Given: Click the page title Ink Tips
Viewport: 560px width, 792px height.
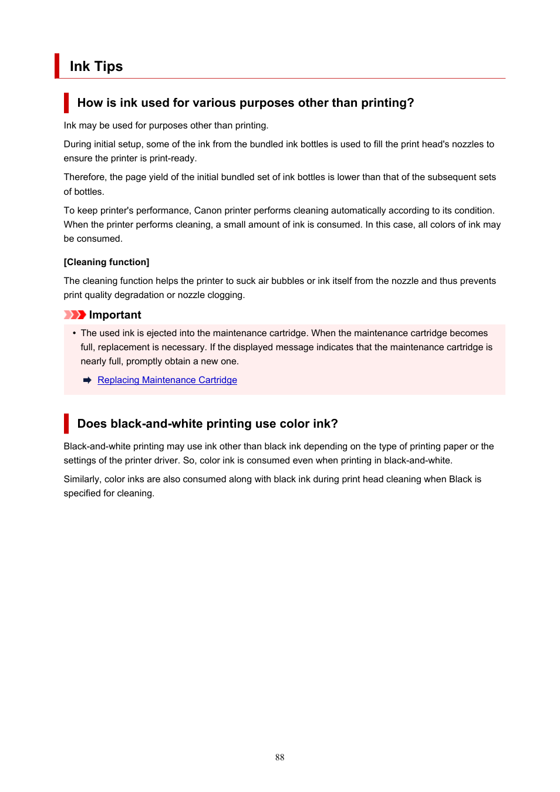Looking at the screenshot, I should (96, 66).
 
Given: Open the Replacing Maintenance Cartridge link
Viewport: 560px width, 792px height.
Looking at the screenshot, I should (167, 380).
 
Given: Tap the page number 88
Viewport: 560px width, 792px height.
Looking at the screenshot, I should (279, 757).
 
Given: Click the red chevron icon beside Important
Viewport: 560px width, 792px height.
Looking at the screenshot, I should (75, 315).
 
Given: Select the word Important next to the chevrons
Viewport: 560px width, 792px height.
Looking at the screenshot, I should (115, 315).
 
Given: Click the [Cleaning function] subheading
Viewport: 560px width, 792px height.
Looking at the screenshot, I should (106, 262).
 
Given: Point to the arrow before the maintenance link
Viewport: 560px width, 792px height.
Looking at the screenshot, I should (87, 380).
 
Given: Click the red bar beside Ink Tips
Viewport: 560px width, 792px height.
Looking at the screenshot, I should (57, 66).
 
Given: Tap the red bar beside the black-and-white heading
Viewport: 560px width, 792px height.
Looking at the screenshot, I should (66, 424).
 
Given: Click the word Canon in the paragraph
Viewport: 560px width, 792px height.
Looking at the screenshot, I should (208, 211).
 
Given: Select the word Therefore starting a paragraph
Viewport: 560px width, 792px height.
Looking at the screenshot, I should (85, 177).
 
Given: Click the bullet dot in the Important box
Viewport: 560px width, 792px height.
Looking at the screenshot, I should (75, 333).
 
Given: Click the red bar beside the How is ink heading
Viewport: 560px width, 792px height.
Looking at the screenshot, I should (66, 103).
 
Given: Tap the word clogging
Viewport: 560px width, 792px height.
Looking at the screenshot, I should (225, 295).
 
